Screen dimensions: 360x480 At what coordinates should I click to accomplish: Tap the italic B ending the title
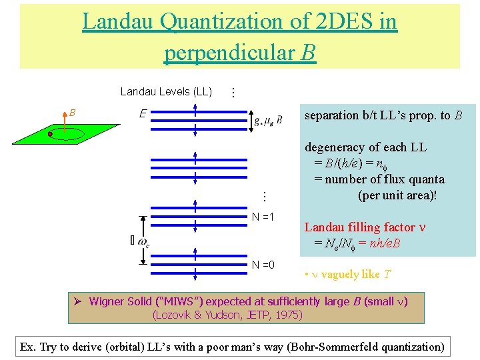[x=308, y=52]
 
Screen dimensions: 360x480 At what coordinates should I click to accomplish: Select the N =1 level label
[x=263, y=217]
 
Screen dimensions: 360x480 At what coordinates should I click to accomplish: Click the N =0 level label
[x=263, y=265]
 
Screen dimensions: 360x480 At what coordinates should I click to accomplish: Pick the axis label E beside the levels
[x=143, y=114]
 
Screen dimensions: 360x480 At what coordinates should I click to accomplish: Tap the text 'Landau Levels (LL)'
[x=166, y=92]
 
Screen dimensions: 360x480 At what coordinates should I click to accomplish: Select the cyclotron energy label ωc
[x=143, y=241]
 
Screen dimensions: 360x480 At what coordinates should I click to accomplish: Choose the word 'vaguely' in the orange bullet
[x=342, y=275]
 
